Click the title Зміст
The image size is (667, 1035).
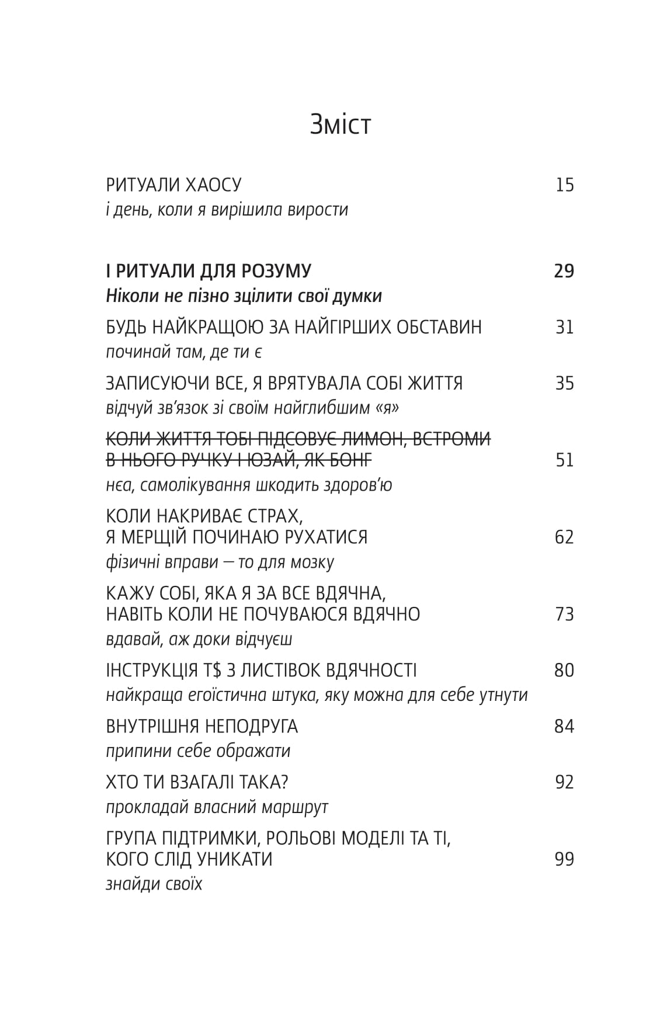pyautogui.click(x=341, y=124)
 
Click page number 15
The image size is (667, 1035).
pyautogui.click(x=565, y=185)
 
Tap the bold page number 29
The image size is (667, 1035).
pyautogui.click(x=564, y=271)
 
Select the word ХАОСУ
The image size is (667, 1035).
pyautogui.click(x=213, y=185)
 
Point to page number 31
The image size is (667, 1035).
pyautogui.click(x=565, y=327)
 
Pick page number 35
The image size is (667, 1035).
pyautogui.click(x=565, y=383)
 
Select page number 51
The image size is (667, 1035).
pyautogui.click(x=565, y=460)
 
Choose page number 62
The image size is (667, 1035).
pyautogui.click(x=564, y=537)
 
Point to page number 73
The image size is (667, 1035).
pyautogui.click(x=565, y=614)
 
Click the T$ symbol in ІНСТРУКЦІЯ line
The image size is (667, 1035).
pyautogui.click(x=212, y=671)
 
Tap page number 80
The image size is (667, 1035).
pyautogui.click(x=564, y=671)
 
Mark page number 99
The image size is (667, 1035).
pyautogui.click(x=564, y=859)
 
